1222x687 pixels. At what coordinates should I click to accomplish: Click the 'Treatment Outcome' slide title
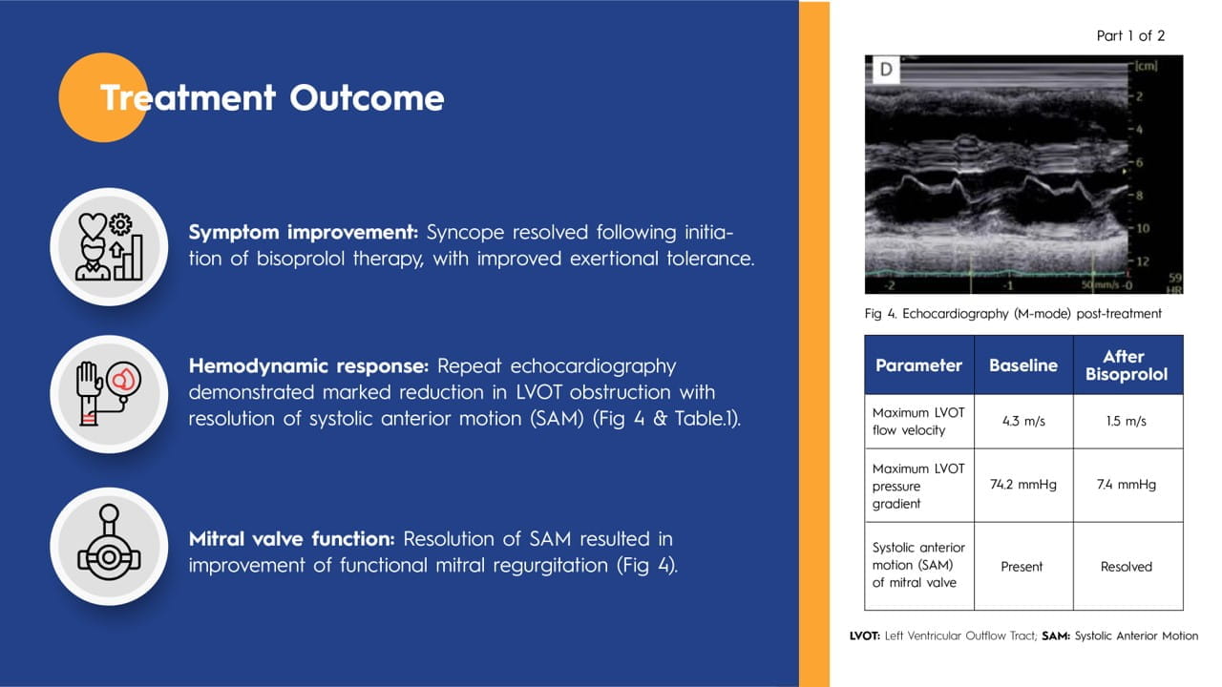(x=272, y=98)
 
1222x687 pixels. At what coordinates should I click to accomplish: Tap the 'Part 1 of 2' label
(x=1130, y=36)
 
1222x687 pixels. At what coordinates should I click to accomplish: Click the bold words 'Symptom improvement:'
(x=305, y=233)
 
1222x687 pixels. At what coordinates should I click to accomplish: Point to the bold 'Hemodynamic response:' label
(x=309, y=366)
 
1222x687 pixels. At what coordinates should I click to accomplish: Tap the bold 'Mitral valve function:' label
(x=293, y=539)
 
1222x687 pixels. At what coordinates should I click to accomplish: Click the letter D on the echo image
(x=886, y=70)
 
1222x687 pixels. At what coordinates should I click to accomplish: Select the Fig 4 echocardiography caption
(x=1013, y=314)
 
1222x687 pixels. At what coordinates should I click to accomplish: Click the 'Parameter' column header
(x=918, y=365)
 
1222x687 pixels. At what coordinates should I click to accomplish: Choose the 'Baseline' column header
(x=1022, y=365)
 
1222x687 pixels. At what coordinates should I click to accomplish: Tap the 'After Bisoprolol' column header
(x=1127, y=365)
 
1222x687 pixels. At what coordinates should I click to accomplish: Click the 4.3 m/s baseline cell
(x=1022, y=422)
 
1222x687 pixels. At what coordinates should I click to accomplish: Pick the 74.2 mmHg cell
(x=1022, y=485)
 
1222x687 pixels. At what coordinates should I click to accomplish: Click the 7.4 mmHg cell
(x=1127, y=485)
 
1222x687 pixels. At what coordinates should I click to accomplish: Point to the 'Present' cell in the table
(x=1022, y=566)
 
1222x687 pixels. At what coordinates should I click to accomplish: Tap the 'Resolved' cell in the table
(x=1127, y=566)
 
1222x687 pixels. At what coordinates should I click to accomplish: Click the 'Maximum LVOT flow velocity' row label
(x=918, y=422)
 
